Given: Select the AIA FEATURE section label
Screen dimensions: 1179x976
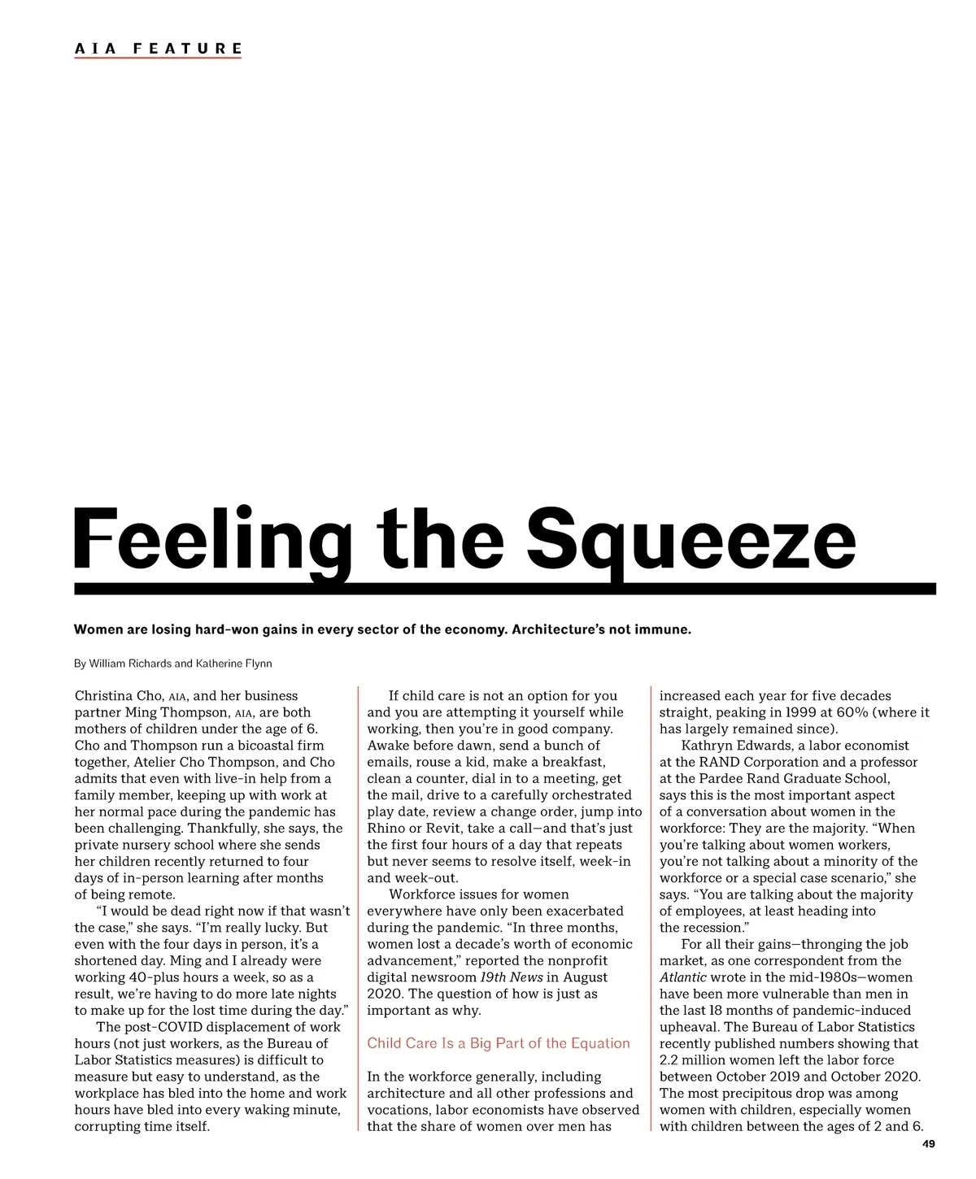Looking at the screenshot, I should point(159,49).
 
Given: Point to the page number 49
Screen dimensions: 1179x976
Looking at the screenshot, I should point(929,1144).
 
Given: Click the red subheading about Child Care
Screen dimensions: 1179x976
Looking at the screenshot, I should point(499,1043).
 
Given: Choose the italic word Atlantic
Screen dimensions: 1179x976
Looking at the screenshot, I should point(682,977).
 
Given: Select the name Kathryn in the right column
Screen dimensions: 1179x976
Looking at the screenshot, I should point(708,746).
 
